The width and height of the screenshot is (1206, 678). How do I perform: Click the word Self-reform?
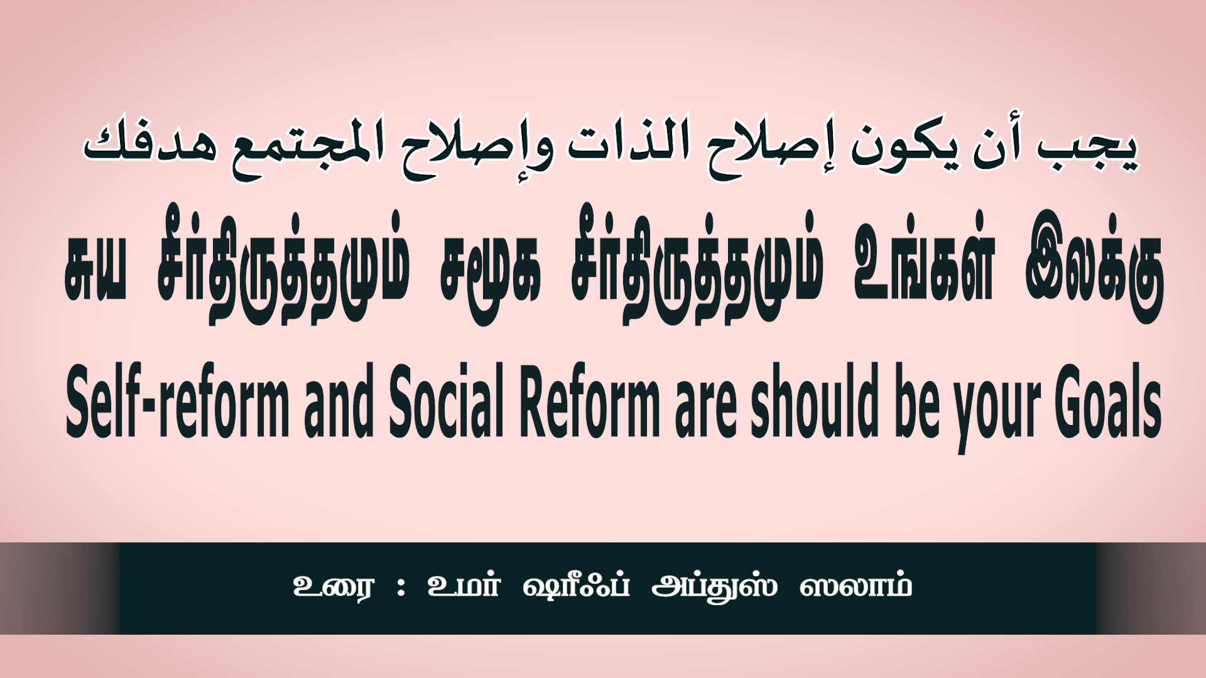177,401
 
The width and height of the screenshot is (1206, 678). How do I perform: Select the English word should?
814,401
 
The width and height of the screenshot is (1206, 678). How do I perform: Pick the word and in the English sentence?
339,401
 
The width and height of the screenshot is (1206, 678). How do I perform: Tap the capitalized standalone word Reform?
590,401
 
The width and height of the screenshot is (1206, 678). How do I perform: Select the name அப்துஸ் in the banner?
714,586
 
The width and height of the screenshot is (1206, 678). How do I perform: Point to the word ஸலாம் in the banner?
856,585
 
